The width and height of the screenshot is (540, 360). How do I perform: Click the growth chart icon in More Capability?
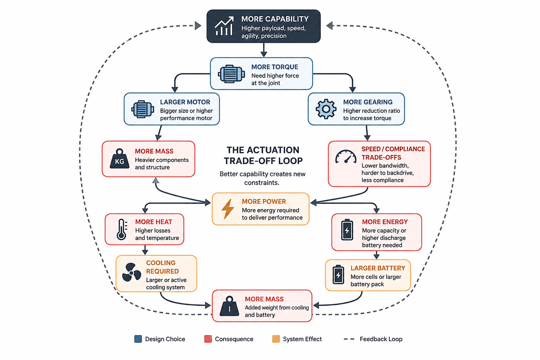224,26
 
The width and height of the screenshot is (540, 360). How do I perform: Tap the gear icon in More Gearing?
326,109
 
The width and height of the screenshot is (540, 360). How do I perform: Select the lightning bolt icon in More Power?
227,209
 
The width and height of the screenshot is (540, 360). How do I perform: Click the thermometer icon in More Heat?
122,229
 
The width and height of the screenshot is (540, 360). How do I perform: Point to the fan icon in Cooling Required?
131,272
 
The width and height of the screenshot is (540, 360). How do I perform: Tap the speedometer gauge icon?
346,157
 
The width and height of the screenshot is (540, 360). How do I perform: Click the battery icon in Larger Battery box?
338,275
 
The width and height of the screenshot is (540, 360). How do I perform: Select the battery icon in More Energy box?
347,230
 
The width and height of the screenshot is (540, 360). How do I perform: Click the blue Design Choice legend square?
138,339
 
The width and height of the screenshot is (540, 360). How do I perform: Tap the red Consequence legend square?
208,339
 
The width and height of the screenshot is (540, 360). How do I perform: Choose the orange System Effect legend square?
276,339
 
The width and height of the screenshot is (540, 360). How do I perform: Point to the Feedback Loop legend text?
381,339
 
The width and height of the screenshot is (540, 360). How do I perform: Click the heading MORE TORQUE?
275,67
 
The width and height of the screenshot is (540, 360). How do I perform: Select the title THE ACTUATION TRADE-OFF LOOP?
263,155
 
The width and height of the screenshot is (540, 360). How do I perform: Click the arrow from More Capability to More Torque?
264,50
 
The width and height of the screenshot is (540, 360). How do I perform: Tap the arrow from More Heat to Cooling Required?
145,250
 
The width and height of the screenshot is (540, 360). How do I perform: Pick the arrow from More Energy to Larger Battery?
377,255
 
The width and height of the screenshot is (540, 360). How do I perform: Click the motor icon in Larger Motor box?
142,109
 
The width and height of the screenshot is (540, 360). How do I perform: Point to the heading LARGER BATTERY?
378,268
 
